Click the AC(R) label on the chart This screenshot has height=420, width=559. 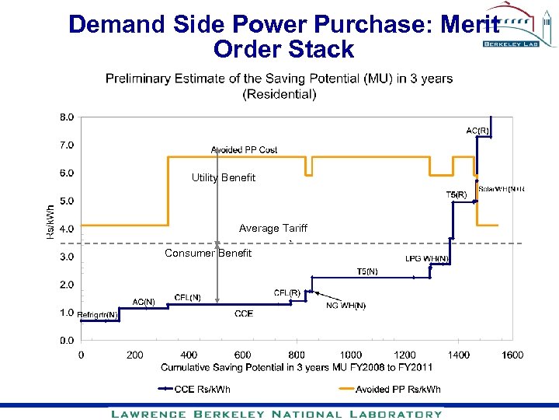(x=477, y=131)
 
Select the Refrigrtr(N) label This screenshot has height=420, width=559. (x=98, y=314)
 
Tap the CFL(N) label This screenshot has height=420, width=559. (x=188, y=297)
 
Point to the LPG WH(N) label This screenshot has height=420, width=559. (x=426, y=259)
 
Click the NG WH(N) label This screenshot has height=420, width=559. (x=345, y=306)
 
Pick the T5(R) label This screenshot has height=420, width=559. (x=456, y=194)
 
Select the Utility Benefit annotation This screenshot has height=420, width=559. (x=224, y=178)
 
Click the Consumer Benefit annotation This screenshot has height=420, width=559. (x=208, y=254)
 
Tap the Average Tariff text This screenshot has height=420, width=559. (x=273, y=229)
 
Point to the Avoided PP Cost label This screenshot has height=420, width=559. (x=244, y=149)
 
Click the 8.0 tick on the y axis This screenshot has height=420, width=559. (x=67, y=117)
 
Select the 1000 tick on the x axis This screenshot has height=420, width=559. (x=351, y=355)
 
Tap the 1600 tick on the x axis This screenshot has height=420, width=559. (x=512, y=355)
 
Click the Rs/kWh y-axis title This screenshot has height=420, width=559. (x=50, y=222)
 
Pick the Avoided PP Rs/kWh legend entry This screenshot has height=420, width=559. (x=398, y=389)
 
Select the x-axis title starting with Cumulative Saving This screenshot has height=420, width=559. (x=297, y=366)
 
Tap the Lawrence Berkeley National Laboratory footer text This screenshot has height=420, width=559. (x=276, y=414)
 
